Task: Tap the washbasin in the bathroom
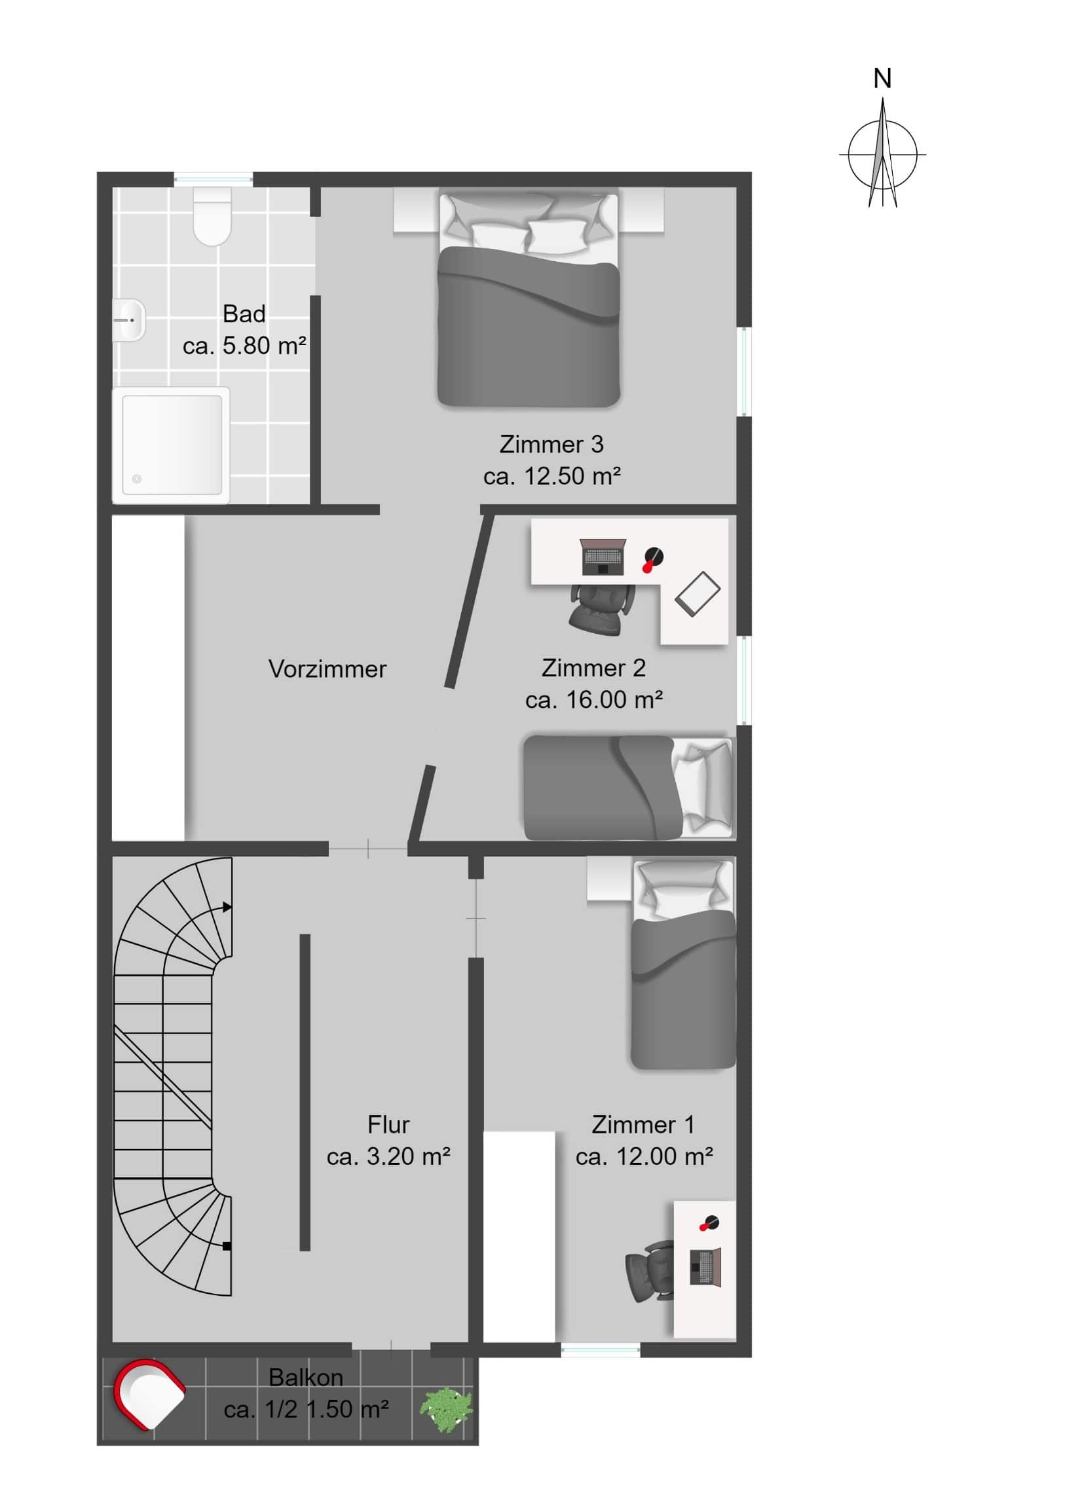click(128, 320)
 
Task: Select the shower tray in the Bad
click(171, 445)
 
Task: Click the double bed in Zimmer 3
click(528, 302)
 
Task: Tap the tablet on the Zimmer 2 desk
click(697, 595)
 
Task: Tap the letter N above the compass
click(882, 79)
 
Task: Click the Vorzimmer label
click(327, 669)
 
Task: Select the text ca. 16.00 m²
click(594, 700)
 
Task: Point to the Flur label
click(388, 1125)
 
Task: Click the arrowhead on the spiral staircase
click(227, 908)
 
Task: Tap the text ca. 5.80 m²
click(244, 346)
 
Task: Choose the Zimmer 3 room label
click(551, 444)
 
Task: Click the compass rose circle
click(882, 155)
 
